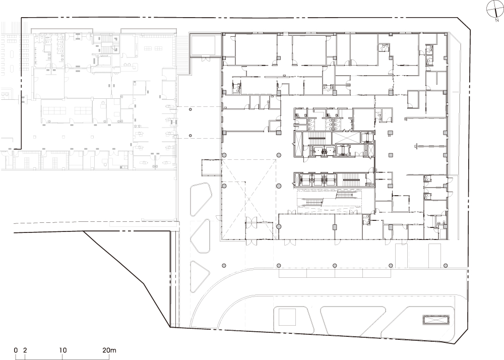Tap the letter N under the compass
497,21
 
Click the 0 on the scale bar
16,350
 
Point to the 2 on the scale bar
25,350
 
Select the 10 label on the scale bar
63,350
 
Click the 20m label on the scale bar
109,350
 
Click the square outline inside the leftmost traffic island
287,317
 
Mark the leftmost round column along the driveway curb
224,266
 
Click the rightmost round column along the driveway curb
446,266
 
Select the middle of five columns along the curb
335,266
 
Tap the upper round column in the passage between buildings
191,110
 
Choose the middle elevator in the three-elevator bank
318,180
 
